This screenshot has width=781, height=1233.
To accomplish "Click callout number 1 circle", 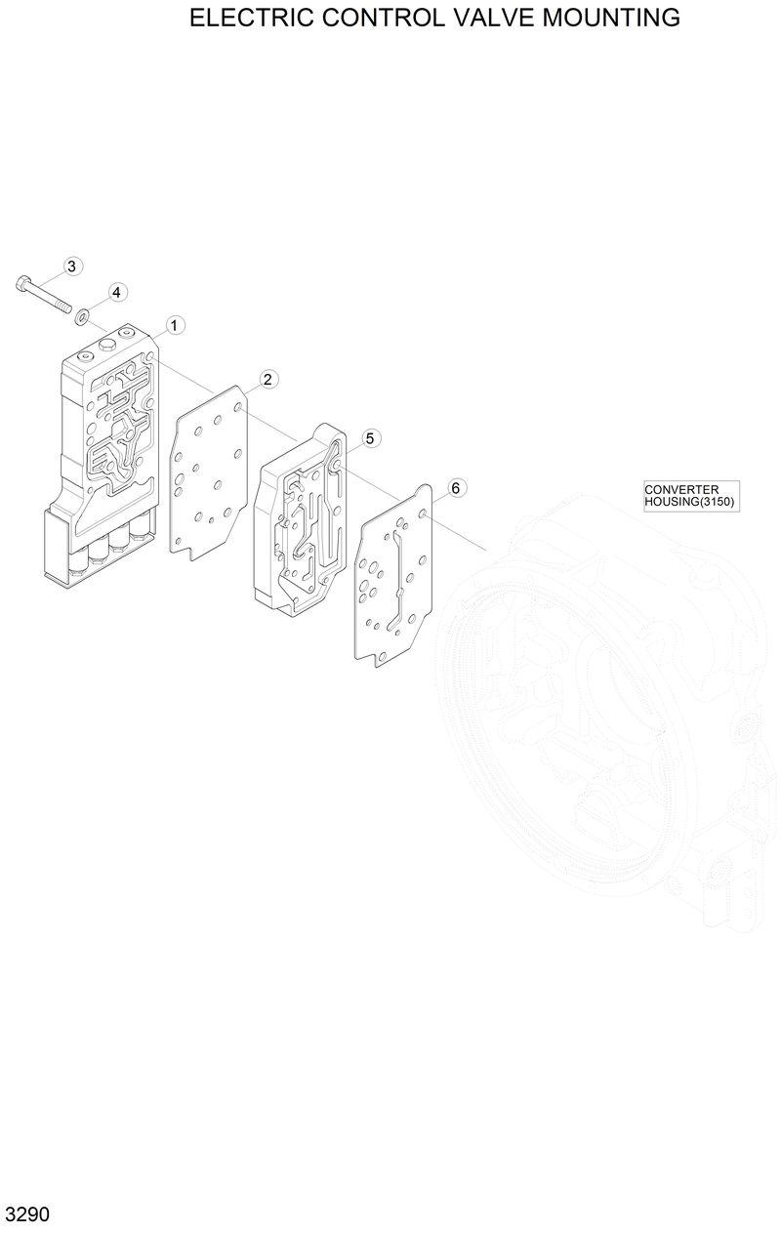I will (175, 324).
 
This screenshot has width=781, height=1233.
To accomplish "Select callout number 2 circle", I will (267, 379).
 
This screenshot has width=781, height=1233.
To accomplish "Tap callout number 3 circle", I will (73, 267).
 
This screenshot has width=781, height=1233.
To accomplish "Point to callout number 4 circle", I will (115, 292).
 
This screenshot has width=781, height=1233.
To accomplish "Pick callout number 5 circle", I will (370, 438).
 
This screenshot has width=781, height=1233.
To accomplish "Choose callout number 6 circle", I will (454, 487).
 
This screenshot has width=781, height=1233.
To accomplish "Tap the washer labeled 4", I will (82, 314).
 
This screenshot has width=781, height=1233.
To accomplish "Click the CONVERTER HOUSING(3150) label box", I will (691, 496).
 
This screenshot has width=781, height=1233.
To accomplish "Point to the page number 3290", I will (27, 1215).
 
